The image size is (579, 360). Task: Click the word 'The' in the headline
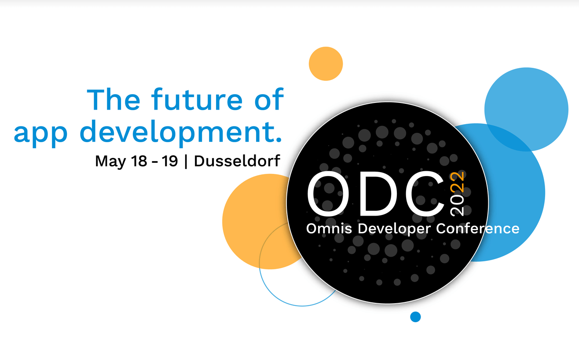pyautogui.click(x=114, y=99)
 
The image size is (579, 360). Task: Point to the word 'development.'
pyautogui.click(x=181, y=132)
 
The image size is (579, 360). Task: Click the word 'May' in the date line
pyautogui.click(x=110, y=162)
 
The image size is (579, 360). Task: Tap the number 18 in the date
pyautogui.click(x=139, y=161)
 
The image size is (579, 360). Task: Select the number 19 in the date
pyautogui.click(x=170, y=161)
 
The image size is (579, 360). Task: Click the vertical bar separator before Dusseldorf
pyautogui.click(x=186, y=162)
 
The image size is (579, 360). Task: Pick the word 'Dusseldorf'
pyautogui.click(x=237, y=161)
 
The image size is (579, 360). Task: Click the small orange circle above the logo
pyautogui.click(x=326, y=64)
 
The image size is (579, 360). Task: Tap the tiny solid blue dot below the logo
pyautogui.click(x=415, y=317)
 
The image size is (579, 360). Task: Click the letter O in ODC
pyautogui.click(x=328, y=194)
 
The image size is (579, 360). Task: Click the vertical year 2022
pyautogui.click(x=457, y=194)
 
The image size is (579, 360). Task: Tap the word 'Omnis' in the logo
pyautogui.click(x=329, y=228)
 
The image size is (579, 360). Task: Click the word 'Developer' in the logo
pyautogui.click(x=394, y=229)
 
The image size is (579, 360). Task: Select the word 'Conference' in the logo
pyautogui.click(x=478, y=228)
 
